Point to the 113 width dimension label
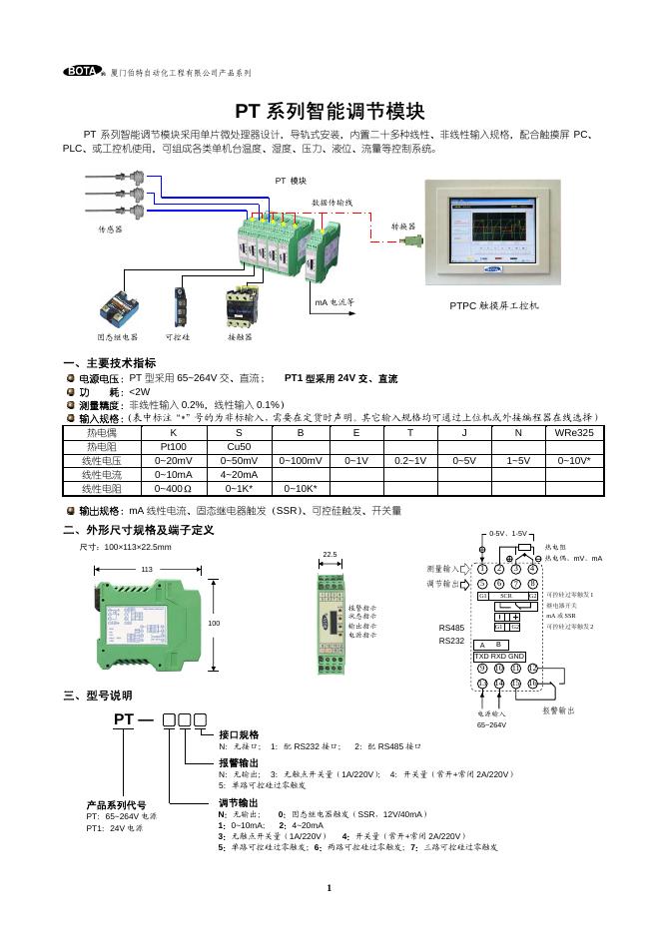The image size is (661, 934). point(146,568)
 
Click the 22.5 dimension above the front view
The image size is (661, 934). point(330,555)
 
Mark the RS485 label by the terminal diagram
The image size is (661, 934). point(451,628)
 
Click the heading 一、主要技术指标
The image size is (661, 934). point(109,362)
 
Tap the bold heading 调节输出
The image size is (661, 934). point(239,802)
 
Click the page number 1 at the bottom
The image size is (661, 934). point(329,887)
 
